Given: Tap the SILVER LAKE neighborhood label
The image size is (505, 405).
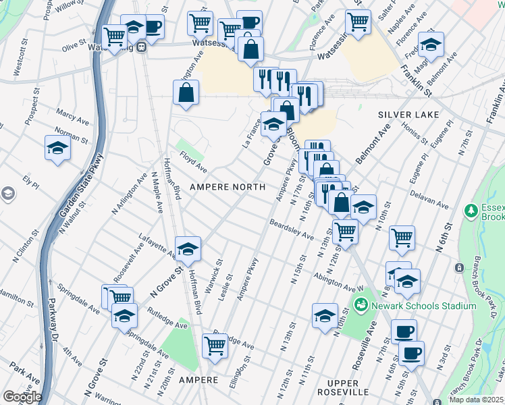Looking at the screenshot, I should click(x=408, y=115).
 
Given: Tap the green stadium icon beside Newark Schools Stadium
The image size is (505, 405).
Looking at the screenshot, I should click(x=363, y=306).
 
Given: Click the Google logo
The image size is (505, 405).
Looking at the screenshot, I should click(x=22, y=397).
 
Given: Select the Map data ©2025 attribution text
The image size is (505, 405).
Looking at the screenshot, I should click(x=476, y=400).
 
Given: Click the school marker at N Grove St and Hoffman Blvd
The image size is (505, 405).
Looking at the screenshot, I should click(x=188, y=249).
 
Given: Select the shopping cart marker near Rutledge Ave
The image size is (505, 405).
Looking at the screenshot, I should click(x=215, y=346).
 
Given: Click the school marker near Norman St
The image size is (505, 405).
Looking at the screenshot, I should click(x=57, y=148).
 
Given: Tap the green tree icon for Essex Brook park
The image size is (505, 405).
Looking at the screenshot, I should click(x=471, y=211).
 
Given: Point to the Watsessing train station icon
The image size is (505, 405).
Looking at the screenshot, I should click(x=141, y=47).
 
